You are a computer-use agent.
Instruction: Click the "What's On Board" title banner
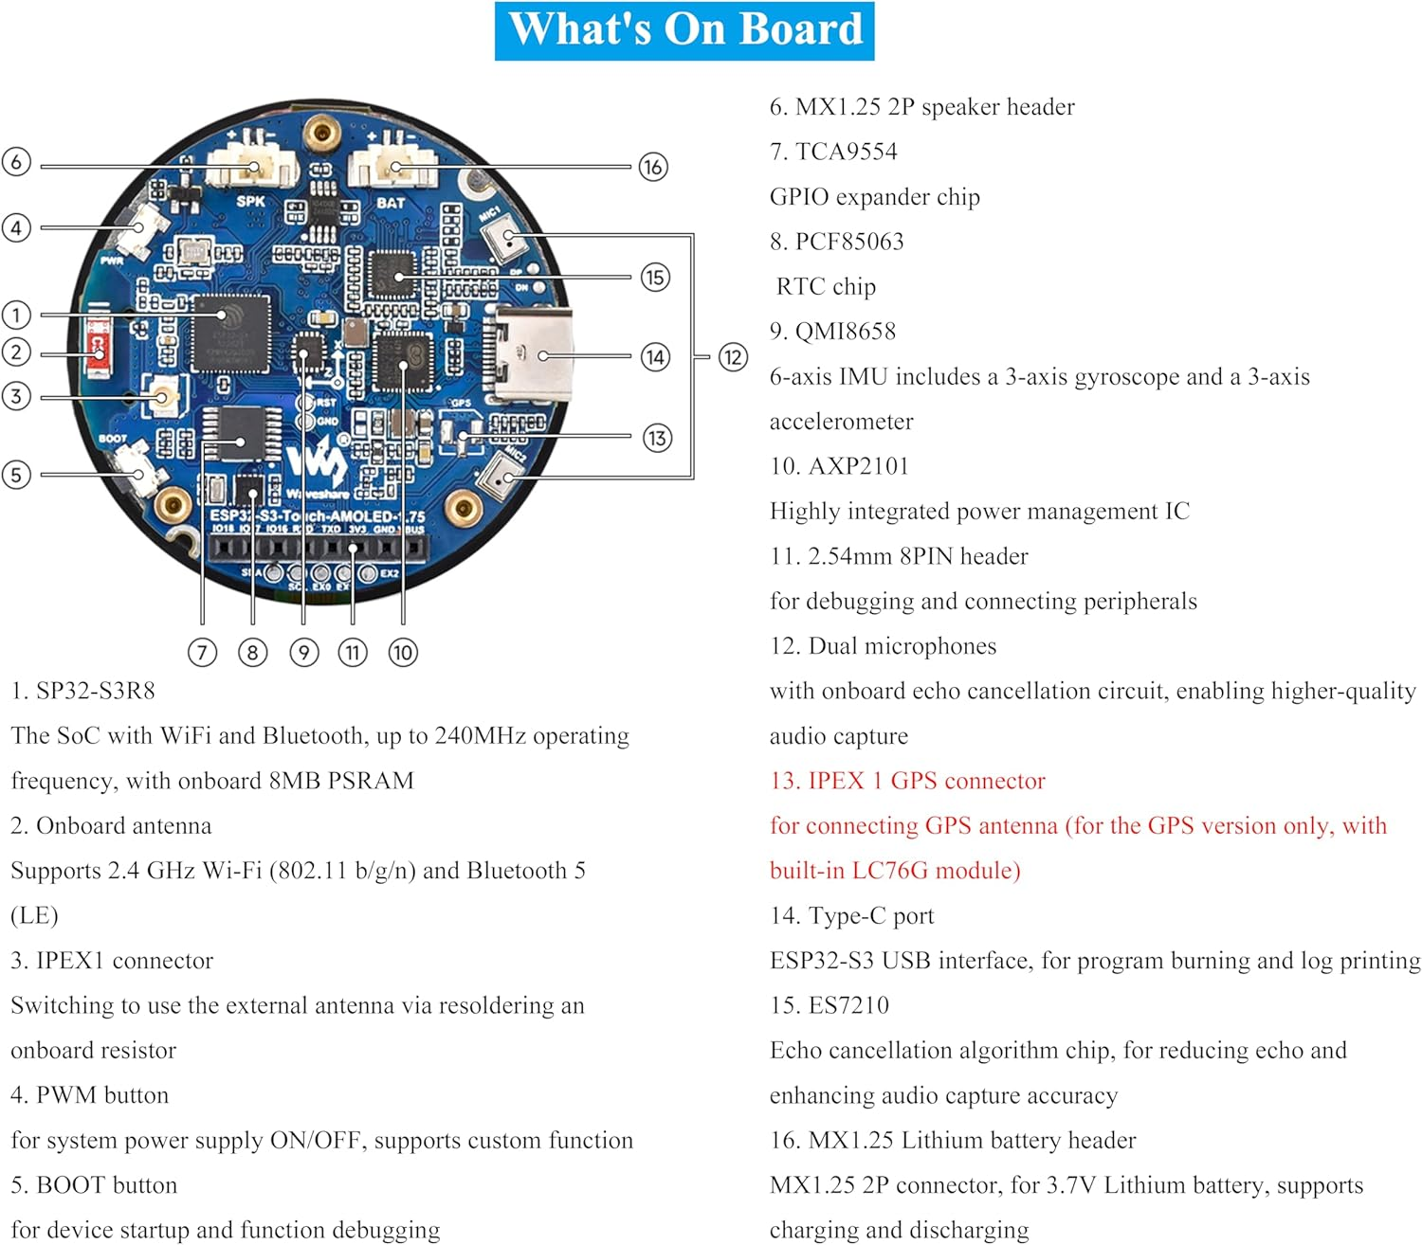(x=684, y=30)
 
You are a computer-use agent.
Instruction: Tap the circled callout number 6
(x=16, y=161)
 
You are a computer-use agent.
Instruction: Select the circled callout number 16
(x=652, y=167)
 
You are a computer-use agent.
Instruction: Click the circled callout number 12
(x=733, y=357)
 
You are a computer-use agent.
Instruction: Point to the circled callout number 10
(x=403, y=652)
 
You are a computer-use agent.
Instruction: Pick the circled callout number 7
(x=202, y=652)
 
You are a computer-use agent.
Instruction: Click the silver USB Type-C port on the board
(x=531, y=356)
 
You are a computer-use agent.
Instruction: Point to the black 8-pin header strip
(x=317, y=548)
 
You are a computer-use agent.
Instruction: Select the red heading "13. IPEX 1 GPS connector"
(x=907, y=781)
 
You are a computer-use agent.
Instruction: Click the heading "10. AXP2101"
(x=839, y=466)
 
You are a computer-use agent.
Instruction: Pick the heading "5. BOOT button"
(x=94, y=1185)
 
